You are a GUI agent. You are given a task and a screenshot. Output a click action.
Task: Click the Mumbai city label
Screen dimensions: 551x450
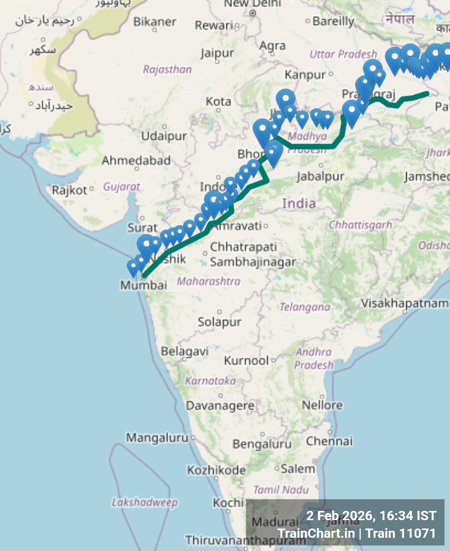143,285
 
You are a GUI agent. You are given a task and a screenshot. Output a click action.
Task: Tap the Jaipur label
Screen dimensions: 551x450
217,54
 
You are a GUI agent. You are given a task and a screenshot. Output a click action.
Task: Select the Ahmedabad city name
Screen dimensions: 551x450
136,160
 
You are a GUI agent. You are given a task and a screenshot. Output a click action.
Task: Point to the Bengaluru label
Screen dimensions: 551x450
262,444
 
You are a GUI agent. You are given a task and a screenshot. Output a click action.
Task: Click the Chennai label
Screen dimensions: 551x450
329,441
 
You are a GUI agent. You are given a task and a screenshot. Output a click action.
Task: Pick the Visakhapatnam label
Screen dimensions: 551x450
404,303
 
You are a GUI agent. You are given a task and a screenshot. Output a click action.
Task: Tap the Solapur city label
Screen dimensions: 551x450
219,322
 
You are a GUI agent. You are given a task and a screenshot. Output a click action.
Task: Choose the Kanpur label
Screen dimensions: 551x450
305,75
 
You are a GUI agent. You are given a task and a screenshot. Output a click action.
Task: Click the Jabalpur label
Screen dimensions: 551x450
320,177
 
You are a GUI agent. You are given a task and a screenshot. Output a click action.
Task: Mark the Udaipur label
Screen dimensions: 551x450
164,136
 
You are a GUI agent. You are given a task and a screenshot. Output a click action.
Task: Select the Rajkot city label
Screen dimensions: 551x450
69,190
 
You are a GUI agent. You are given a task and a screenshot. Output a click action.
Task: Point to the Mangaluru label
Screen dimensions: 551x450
157,438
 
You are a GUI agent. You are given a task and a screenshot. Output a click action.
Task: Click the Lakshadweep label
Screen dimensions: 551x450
145,503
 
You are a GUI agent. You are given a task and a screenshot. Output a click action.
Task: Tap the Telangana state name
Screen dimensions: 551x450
304,307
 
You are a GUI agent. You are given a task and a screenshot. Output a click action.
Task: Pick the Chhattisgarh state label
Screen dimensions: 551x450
360,225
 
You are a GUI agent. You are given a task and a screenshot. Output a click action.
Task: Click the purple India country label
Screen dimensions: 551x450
299,204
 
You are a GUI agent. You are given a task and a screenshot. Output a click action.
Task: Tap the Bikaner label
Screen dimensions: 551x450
154,22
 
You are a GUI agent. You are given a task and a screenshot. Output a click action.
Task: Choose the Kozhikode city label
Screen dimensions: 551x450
216,470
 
